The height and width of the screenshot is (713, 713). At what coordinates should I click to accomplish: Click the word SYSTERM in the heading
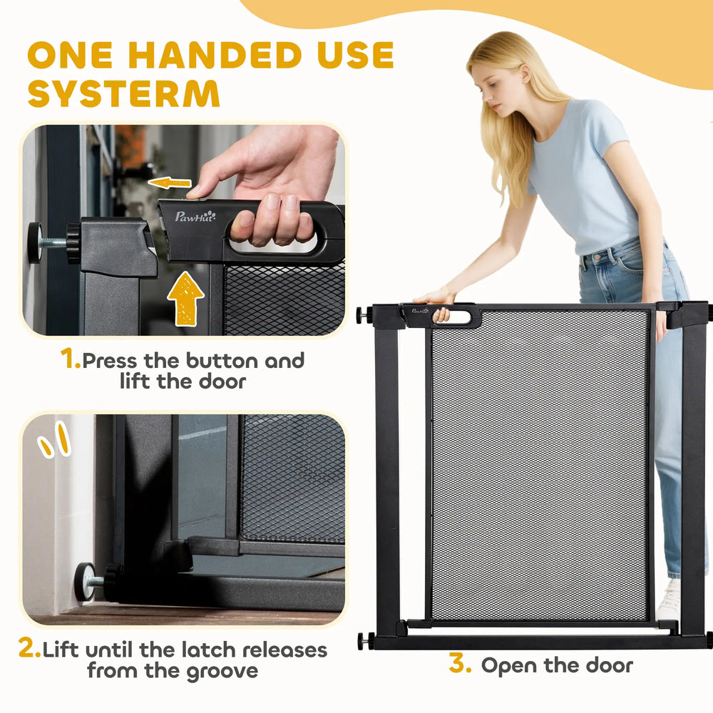click(123, 93)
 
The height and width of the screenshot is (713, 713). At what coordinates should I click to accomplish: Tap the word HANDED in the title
click(215, 55)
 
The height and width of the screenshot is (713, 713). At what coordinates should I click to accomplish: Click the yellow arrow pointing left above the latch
click(169, 183)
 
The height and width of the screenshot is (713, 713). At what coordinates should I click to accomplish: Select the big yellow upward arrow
click(185, 298)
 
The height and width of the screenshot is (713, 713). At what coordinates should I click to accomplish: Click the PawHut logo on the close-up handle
click(195, 216)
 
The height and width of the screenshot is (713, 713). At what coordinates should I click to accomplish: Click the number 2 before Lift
click(29, 647)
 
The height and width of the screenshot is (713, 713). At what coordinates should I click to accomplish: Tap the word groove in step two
click(222, 672)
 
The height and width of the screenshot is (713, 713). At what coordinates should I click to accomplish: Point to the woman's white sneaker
click(669, 600)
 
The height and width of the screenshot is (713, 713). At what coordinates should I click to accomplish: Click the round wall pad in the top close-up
click(34, 243)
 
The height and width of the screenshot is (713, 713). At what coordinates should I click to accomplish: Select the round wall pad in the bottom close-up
click(85, 582)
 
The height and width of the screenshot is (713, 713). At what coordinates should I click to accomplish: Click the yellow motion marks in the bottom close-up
click(55, 440)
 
